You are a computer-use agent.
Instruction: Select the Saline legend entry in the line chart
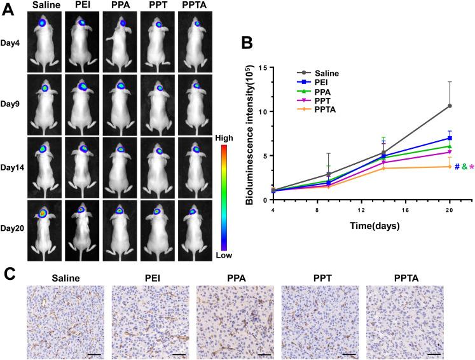click(328, 73)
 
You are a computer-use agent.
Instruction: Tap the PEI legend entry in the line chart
click(324, 82)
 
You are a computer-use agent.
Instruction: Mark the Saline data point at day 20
click(450, 106)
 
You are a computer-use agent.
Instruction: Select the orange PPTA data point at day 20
click(450, 167)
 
